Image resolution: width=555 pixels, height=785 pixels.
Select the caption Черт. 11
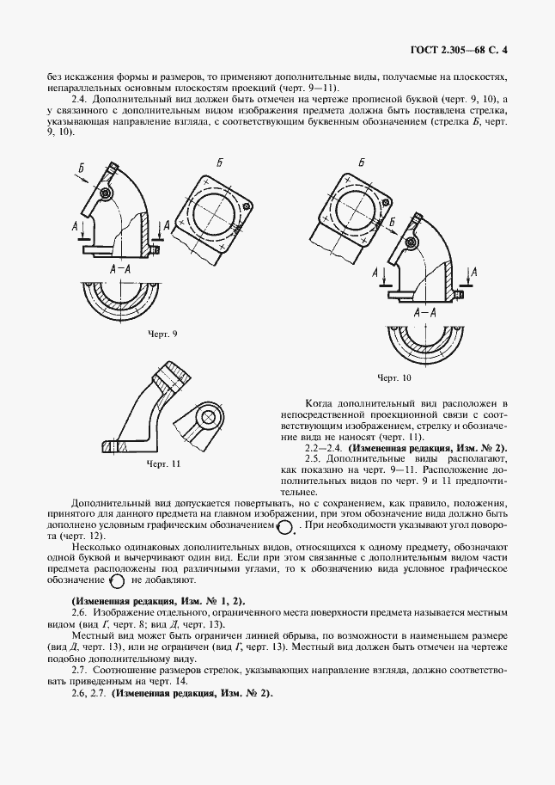click(x=163, y=463)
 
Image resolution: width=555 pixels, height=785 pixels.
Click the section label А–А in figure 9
click(x=119, y=269)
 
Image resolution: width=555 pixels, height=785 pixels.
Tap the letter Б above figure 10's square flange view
click(x=361, y=163)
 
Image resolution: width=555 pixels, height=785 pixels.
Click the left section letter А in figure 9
click(x=76, y=224)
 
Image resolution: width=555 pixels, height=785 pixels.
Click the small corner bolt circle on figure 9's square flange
click(x=247, y=205)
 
